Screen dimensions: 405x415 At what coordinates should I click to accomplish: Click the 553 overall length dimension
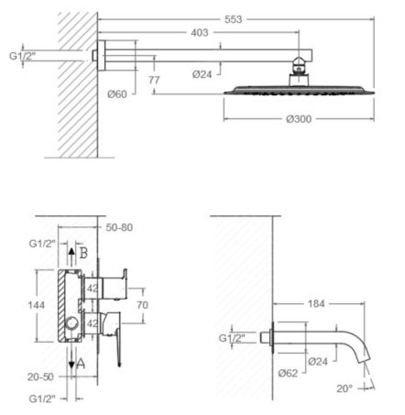pos(233,19)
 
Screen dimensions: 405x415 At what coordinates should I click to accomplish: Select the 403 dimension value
pos(199,32)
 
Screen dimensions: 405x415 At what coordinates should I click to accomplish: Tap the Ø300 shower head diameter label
pos(298,119)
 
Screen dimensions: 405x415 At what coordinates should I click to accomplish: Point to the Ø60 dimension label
pos(117,94)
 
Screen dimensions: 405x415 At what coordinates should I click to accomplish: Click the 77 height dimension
pos(154,80)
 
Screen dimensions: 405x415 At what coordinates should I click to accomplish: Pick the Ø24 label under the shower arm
pos(202,74)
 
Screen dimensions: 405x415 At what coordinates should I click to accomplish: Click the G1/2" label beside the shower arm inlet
pos(23,56)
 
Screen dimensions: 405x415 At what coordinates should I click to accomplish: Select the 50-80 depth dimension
pos(119,228)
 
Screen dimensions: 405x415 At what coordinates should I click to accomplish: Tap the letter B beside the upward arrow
pos(83,253)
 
